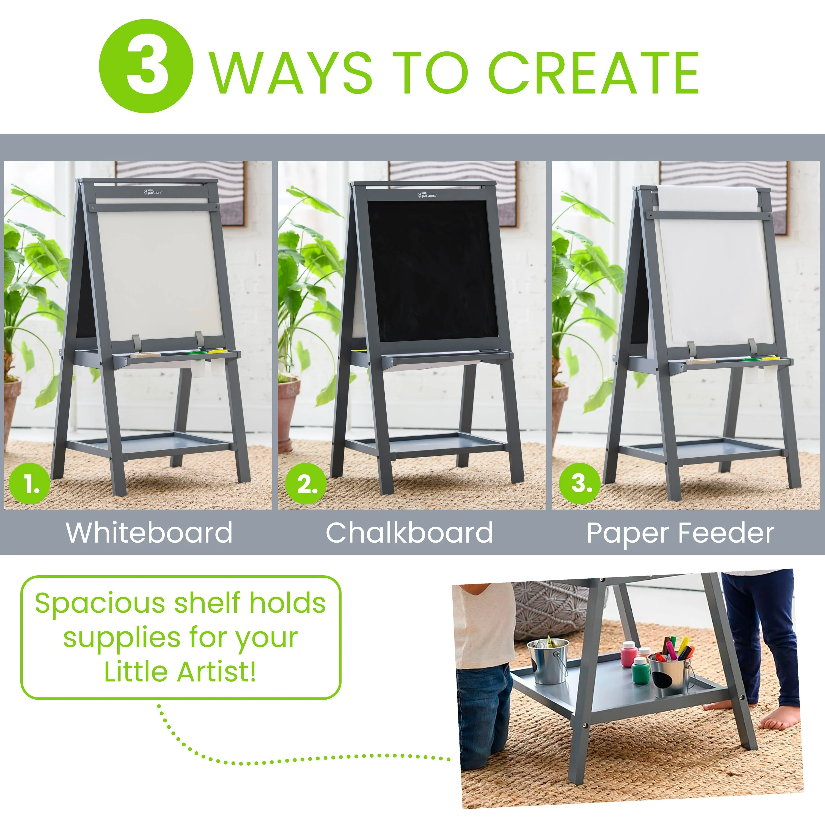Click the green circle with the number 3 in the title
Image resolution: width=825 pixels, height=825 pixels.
(x=146, y=66)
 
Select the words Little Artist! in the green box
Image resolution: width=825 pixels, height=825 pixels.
(x=180, y=672)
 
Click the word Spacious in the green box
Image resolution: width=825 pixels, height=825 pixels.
(x=101, y=604)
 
